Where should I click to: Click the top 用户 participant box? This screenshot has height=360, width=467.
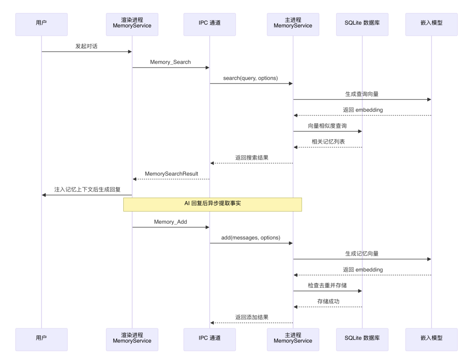[42, 24]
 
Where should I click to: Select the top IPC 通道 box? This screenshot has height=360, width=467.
[210, 24]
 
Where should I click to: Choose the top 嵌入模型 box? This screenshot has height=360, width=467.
[431, 24]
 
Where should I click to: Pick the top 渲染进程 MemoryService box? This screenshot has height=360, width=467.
[132, 24]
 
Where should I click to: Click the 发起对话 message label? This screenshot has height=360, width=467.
[86, 46]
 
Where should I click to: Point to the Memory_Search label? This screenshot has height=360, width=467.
[170, 62]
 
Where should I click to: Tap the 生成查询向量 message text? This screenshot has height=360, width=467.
[362, 94]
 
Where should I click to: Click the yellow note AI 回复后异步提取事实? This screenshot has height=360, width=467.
[212, 204]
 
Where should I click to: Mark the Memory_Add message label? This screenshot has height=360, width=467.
[170, 222]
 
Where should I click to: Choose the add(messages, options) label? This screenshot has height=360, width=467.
[251, 238]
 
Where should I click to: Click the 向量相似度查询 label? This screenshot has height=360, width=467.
[327, 126]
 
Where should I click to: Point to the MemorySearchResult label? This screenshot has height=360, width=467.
[171, 174]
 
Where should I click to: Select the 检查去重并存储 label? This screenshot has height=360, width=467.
[327, 286]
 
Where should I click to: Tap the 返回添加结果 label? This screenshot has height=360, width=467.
[252, 317]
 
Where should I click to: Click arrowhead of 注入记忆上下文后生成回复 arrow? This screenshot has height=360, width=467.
[44, 195]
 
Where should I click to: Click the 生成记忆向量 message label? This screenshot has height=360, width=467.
[362, 254]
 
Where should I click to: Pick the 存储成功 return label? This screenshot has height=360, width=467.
[328, 301]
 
